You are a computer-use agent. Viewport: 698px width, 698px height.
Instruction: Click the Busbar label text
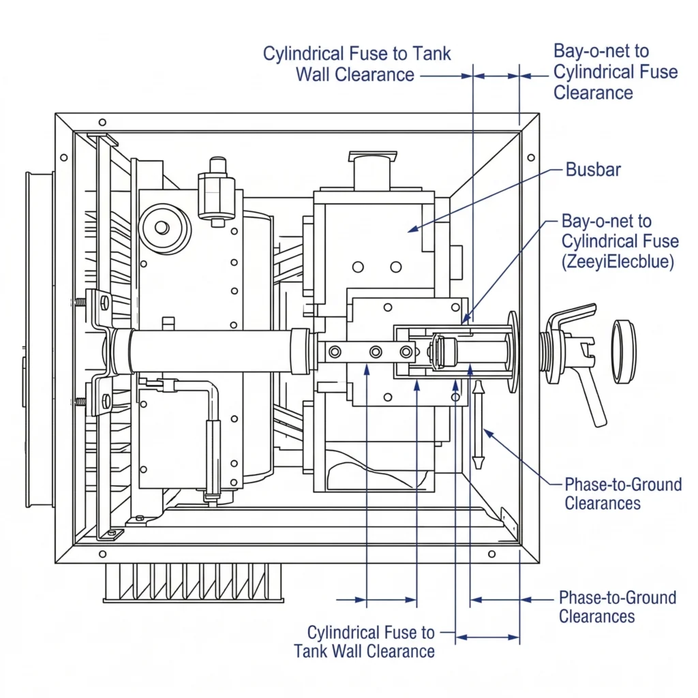pos(593,170)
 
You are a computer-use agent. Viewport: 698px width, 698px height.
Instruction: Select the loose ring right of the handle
pos(624,350)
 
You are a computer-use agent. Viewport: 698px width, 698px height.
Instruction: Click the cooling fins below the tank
pos(193,583)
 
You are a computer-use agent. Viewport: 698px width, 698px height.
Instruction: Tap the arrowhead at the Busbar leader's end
pos(411,231)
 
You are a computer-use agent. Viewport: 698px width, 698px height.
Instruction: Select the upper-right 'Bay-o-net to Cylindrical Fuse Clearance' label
pos(615,72)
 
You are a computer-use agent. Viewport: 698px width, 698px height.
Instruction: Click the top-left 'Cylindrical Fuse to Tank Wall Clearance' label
pos(356,64)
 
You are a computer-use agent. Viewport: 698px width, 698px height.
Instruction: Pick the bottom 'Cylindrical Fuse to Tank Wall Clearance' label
pos(365,641)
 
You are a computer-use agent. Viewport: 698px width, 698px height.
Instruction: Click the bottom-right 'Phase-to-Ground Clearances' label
pos(617,607)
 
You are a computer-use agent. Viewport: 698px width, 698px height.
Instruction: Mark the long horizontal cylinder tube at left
pos(204,350)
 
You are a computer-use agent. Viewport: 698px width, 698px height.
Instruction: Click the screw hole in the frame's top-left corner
pos(102,123)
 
